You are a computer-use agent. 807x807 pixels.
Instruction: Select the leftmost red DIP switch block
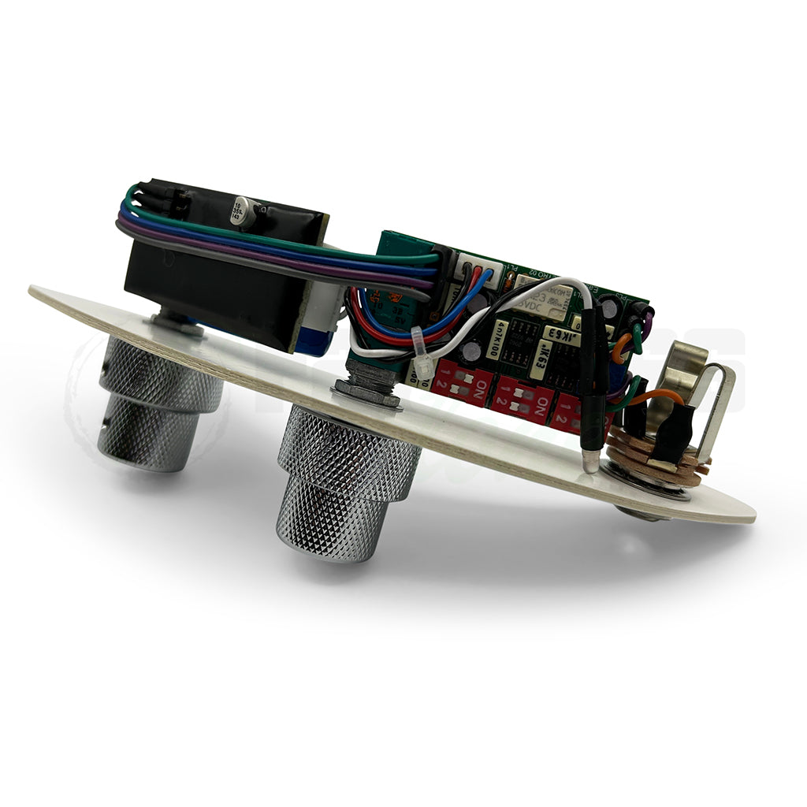click(461, 383)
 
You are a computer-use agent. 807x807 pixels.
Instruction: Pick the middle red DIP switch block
click(523, 398)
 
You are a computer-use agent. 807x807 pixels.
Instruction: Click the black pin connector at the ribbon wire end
click(169, 201)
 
